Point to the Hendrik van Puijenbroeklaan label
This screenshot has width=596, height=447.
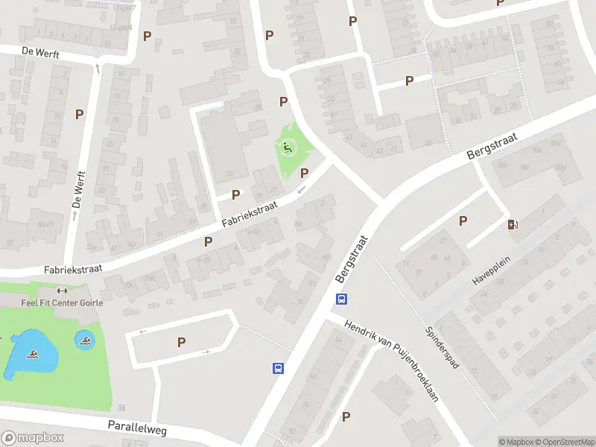[392, 361]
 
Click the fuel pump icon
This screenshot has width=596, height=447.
[513, 225]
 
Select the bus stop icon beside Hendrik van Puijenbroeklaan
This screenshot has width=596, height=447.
[341, 299]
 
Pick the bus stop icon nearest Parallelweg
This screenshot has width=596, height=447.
[277, 368]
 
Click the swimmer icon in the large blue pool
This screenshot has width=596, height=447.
[33, 355]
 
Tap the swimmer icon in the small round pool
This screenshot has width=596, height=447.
[87, 341]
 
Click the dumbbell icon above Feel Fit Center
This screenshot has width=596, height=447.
[61, 291]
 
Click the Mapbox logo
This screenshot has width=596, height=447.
[33, 438]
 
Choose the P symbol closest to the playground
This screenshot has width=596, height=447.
[304, 173]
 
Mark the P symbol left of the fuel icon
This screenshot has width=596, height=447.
[463, 221]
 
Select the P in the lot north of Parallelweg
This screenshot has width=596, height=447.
[181, 342]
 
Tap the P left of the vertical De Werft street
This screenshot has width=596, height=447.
[79, 114]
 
